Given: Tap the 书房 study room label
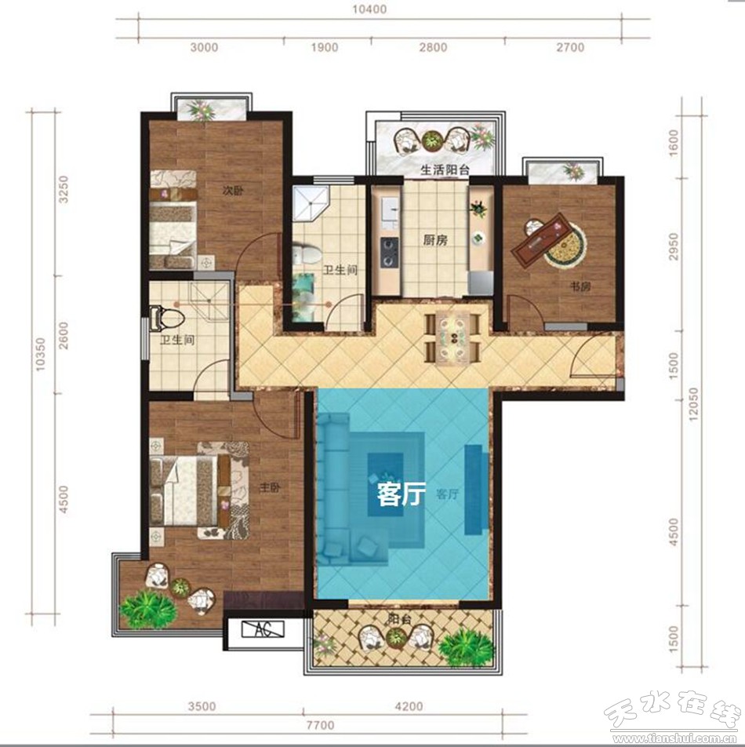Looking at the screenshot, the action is click(580, 287).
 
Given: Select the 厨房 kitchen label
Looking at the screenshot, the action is click(435, 240).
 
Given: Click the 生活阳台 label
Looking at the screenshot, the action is click(445, 169).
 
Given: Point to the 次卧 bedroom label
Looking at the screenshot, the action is click(233, 191).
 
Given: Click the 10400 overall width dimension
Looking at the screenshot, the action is click(371, 9).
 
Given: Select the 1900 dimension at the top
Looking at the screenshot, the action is click(325, 47).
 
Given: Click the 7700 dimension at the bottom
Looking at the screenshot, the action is click(320, 726).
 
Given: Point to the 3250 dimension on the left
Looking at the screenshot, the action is click(64, 190).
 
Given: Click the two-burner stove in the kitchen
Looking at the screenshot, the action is click(388, 253).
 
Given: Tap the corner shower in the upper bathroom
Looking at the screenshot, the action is click(311, 204).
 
